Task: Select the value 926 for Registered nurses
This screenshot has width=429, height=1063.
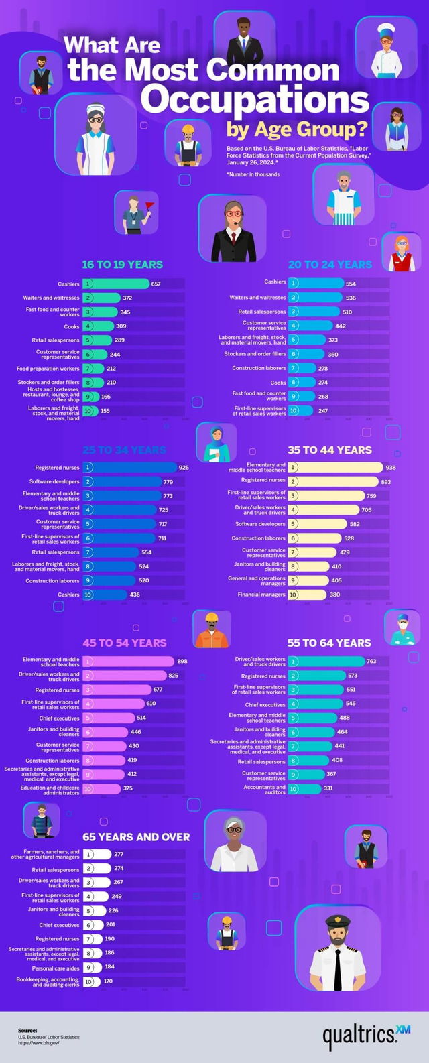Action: [x=184, y=468]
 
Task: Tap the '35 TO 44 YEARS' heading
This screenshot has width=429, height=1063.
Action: [x=329, y=450]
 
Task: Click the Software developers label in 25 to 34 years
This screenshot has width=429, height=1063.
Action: [x=54, y=481]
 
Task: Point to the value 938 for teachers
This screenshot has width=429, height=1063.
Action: [x=390, y=468]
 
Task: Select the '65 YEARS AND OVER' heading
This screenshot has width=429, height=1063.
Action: [x=136, y=836]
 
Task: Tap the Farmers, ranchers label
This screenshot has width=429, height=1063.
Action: [x=46, y=854]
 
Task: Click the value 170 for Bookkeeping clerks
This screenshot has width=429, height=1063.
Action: [x=108, y=981]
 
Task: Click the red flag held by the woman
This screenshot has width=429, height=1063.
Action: [x=149, y=205]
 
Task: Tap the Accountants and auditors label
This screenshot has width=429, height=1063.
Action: [x=265, y=789]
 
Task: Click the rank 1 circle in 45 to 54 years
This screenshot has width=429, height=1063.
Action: [x=88, y=662]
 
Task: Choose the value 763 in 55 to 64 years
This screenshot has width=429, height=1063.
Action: [x=371, y=662]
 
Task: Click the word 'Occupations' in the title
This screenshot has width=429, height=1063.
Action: [x=255, y=99]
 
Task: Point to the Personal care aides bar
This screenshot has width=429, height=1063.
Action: [x=93, y=967]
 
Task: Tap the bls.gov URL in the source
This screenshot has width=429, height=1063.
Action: [x=39, y=1043]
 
